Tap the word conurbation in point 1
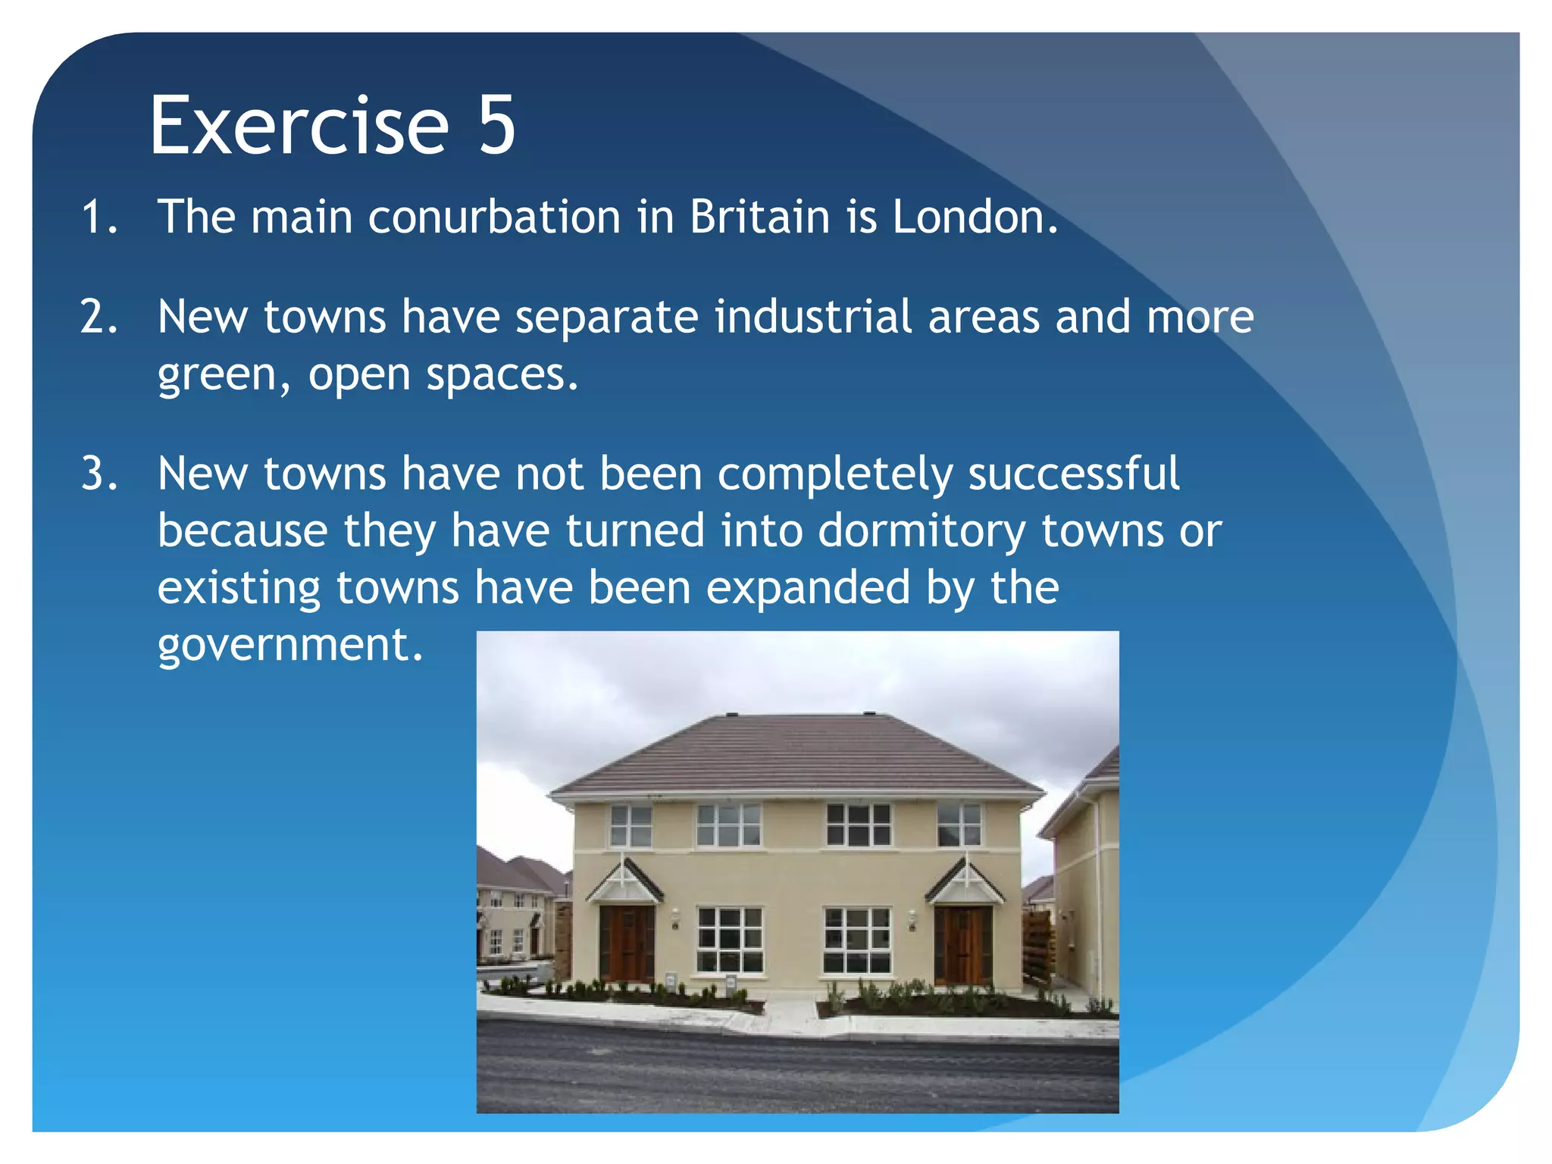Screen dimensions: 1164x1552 (494, 217)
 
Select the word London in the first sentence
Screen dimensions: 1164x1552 (974, 217)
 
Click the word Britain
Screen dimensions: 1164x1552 (759, 217)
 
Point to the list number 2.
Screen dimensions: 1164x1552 (99, 317)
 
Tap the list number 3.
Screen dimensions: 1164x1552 (99, 474)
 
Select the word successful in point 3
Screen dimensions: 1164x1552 (1073, 474)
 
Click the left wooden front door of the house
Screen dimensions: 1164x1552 (626, 943)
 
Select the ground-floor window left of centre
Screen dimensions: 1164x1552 (730, 940)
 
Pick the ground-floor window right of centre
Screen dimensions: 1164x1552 (857, 940)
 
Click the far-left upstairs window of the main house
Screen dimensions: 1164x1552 (630, 826)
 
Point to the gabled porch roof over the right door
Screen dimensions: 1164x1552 (965, 883)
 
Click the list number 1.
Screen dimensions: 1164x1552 (99, 217)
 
